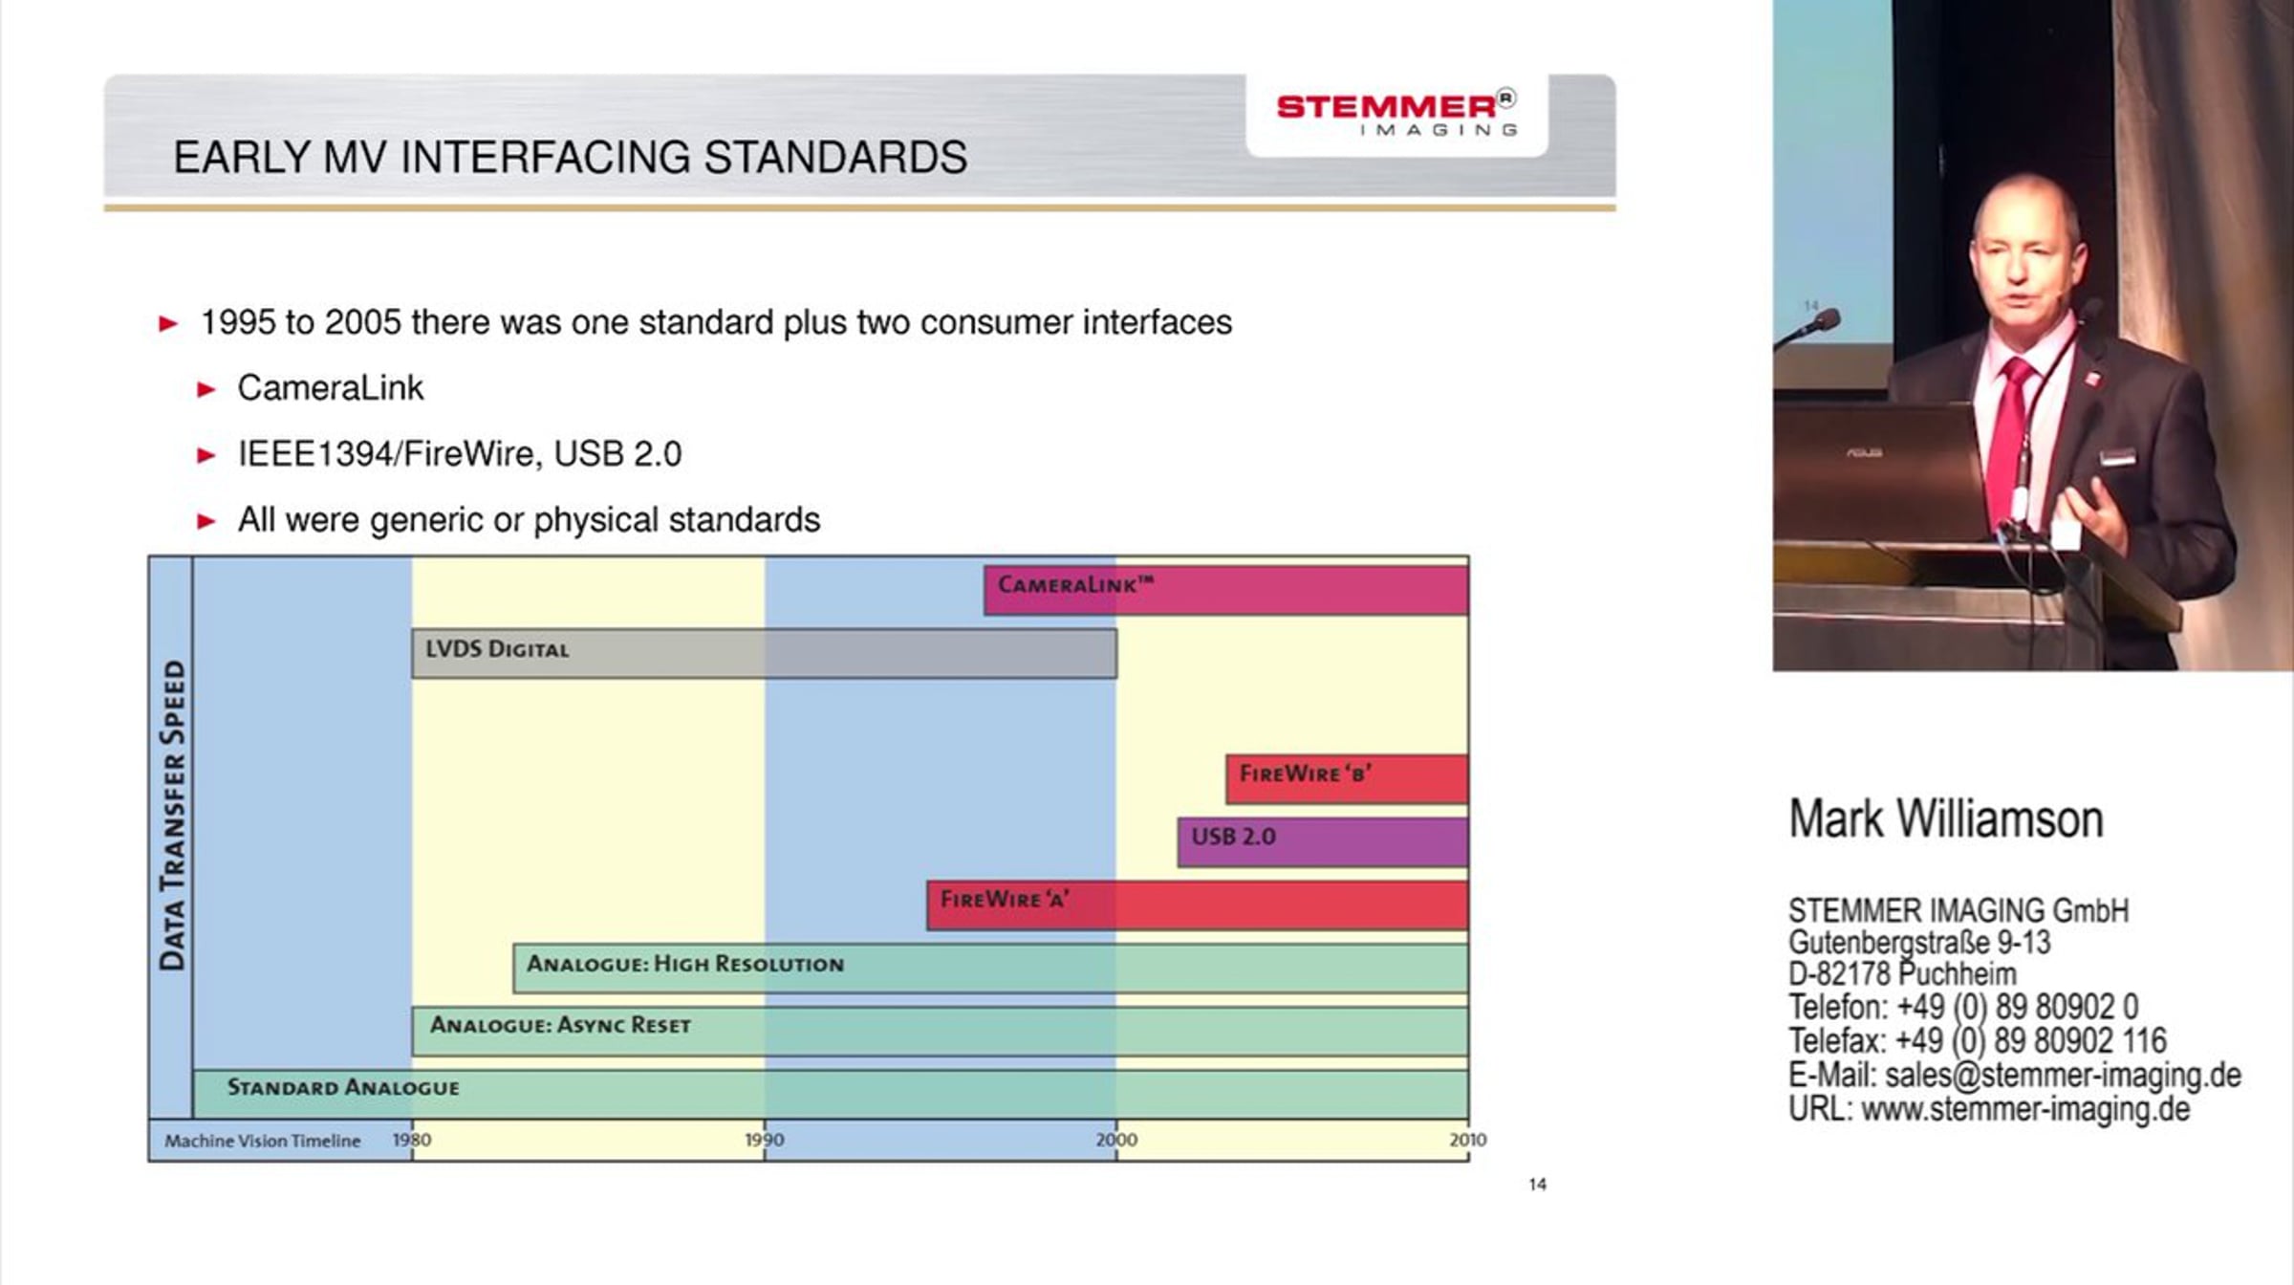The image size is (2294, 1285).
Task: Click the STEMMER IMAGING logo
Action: tap(1396, 114)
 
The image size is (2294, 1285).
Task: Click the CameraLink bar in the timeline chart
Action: tap(1226, 590)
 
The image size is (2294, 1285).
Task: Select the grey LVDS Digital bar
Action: tap(764, 654)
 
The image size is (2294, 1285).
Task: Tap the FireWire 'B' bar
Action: tap(1348, 779)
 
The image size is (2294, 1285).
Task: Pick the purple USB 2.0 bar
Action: tap(1323, 841)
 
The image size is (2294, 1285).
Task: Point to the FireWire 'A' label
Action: tap(1005, 899)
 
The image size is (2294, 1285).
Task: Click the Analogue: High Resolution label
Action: tap(685, 964)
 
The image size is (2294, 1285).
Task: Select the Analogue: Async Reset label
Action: tap(560, 1025)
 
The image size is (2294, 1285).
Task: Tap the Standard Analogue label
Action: tap(343, 1087)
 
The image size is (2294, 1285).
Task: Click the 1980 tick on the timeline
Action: tap(412, 1140)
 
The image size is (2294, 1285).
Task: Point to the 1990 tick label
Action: tap(765, 1140)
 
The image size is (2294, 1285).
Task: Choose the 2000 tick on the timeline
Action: tap(1116, 1140)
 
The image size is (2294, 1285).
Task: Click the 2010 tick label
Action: tap(1468, 1140)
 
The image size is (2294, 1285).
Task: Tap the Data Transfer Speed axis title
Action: tap(172, 816)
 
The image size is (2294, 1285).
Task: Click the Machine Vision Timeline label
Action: tap(262, 1141)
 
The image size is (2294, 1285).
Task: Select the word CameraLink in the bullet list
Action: tap(330, 388)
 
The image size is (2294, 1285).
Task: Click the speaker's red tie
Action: tap(2009, 430)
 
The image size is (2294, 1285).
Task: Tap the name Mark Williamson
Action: tap(1946, 819)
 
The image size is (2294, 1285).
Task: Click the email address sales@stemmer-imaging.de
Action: tap(2063, 1075)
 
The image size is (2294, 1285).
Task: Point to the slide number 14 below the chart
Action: tap(1537, 1185)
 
